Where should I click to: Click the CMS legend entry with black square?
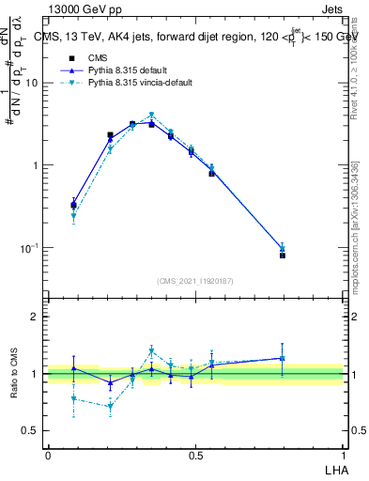coord(98,58)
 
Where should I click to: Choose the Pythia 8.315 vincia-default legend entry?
coord(140,83)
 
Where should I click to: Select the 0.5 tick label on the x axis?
coord(195,455)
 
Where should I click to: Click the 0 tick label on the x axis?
coord(47,455)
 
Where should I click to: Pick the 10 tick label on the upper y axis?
coord(32,83)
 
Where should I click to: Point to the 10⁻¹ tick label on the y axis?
coord(30,248)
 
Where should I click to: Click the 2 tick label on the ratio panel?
coord(35,317)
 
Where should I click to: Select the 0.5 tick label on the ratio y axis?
coord(31,431)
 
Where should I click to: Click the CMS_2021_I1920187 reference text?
coord(194,279)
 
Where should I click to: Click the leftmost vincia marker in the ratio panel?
coord(73,398)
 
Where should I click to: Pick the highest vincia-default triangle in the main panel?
coord(151,116)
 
